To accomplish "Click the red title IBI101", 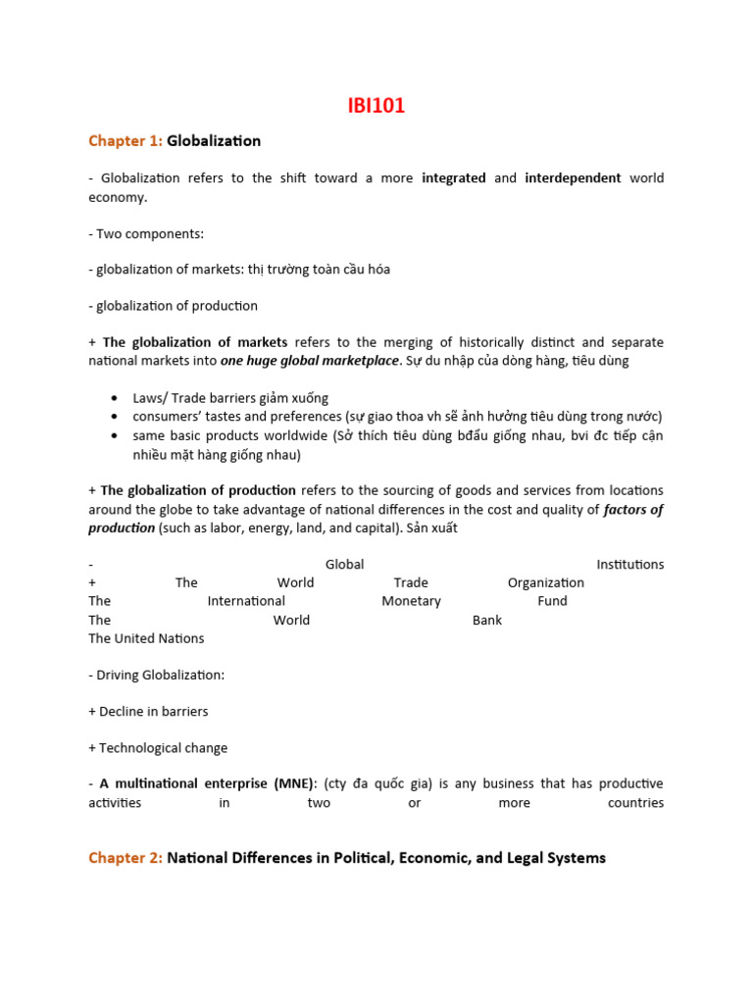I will (x=376, y=106).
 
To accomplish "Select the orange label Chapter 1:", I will (x=125, y=141).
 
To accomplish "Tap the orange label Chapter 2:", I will (x=125, y=858).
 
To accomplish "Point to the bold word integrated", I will (x=453, y=178).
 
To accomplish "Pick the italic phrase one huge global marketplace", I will (x=310, y=361).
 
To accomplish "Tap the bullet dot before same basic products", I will (x=115, y=434).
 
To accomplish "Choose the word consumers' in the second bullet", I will (x=170, y=417).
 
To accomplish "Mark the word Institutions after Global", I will (x=629, y=565).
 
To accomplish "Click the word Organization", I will (x=545, y=582).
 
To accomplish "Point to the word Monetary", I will (x=411, y=601).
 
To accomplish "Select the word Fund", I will (x=552, y=601).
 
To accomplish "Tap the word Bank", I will (x=486, y=620).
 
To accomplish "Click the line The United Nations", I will (x=146, y=638).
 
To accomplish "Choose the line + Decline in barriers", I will (x=148, y=712).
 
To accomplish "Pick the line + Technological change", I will (x=158, y=748).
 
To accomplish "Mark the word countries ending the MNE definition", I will (x=635, y=803).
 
